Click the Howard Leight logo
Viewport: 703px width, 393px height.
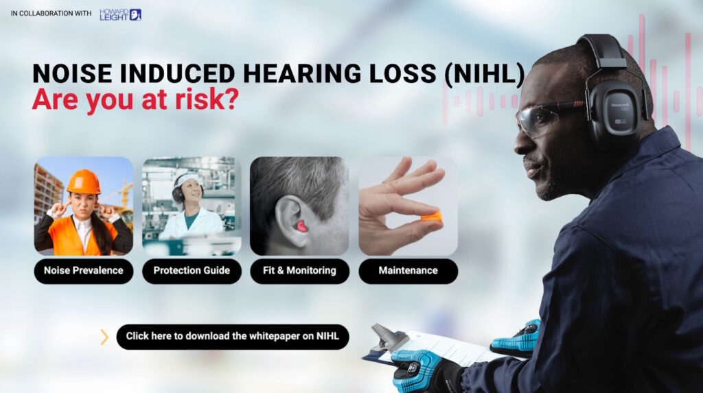coord(120,14)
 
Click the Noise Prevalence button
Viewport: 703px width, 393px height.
coord(83,271)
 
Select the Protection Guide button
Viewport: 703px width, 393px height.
coord(192,271)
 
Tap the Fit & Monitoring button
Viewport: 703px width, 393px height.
coord(299,271)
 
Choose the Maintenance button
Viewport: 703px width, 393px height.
coord(408,271)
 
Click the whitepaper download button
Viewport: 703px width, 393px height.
coord(233,337)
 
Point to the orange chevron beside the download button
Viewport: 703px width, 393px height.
coord(104,337)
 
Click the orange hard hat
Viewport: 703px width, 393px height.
coord(84,182)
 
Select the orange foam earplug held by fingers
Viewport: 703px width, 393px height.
coord(431,218)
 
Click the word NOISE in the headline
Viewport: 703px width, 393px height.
coord(72,73)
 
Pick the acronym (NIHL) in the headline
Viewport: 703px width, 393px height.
coord(484,73)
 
